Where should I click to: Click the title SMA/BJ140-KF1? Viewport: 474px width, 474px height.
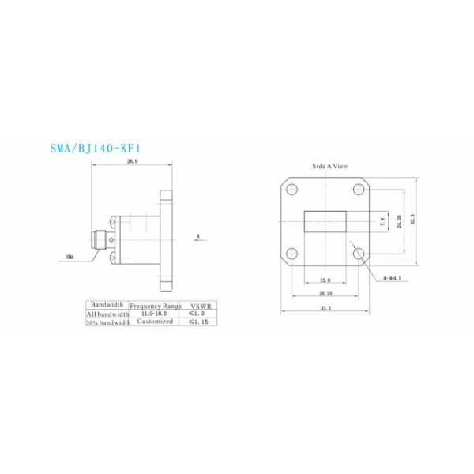[x=97, y=147]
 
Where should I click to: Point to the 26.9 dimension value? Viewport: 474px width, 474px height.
[x=132, y=161]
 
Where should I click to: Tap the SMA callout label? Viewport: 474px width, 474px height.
[x=70, y=258]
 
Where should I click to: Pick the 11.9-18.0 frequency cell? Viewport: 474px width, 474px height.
[x=154, y=314]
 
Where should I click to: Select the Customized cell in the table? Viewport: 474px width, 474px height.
[x=154, y=322]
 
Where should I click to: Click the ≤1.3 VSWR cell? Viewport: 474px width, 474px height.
[x=197, y=314]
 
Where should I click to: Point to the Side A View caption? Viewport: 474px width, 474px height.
[x=329, y=167]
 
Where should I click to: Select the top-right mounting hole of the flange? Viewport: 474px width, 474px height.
[x=359, y=189]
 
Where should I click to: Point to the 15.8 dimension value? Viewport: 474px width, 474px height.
[x=325, y=281]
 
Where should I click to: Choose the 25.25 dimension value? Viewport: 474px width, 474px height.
[x=325, y=293]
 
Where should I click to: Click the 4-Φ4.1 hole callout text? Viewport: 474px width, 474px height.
[x=393, y=278]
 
